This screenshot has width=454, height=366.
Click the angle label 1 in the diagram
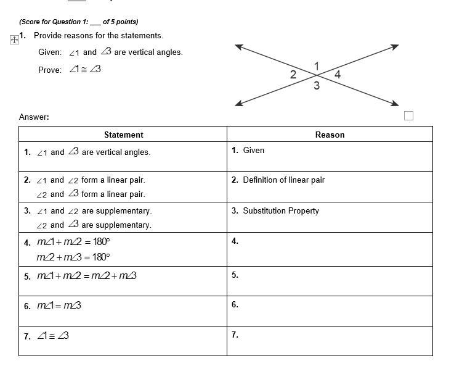317,66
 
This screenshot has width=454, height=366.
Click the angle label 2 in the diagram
293,75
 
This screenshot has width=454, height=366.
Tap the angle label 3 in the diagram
317,86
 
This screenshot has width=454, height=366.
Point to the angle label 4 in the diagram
337,75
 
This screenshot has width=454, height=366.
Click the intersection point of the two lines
317,75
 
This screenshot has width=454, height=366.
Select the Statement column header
123,135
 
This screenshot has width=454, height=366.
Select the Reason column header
330,135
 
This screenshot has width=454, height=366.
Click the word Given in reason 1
253,150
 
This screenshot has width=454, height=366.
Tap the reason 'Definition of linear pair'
283,180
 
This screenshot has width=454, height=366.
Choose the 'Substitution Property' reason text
280,210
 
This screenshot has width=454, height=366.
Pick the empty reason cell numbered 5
330,281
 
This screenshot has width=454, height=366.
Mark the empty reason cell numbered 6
330,310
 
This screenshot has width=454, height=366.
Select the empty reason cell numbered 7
330,341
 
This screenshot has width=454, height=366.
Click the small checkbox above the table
409,115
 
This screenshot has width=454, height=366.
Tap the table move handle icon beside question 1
14,40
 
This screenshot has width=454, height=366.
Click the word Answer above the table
33,117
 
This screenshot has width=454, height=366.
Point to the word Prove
49,70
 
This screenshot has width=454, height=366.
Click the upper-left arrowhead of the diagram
238,46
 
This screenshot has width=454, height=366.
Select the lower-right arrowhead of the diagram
396,104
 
